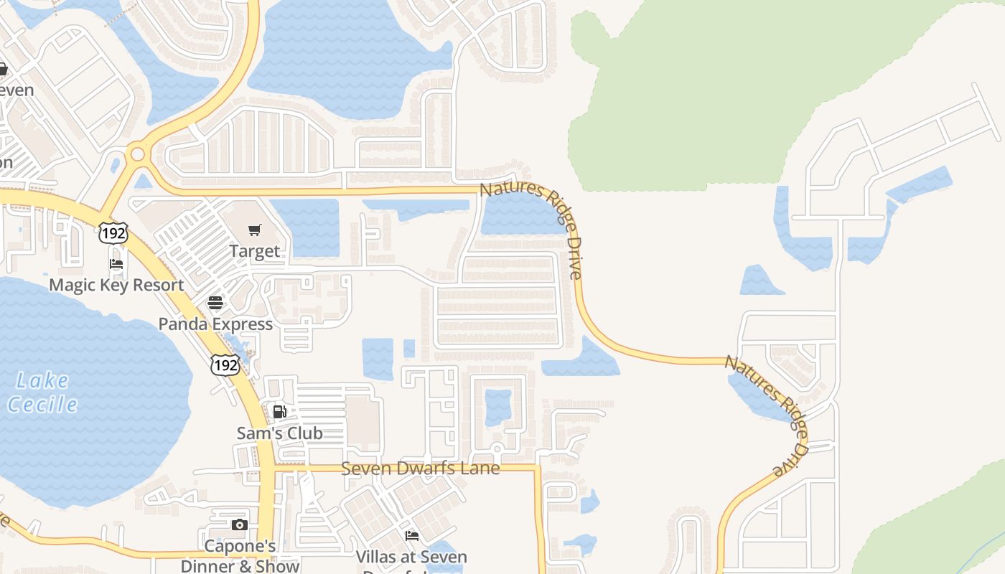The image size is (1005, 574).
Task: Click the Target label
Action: [x=254, y=251]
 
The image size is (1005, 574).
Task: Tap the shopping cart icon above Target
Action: [x=254, y=230]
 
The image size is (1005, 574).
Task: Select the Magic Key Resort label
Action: [x=116, y=285]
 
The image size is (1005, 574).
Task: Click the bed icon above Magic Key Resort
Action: [x=116, y=264]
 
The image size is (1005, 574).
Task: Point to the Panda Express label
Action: [x=215, y=324]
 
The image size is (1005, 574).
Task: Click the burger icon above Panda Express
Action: [x=215, y=303]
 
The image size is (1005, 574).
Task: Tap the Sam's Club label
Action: [x=279, y=433]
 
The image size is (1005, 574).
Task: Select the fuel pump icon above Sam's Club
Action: [x=279, y=412]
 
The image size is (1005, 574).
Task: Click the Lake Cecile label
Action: [x=43, y=392]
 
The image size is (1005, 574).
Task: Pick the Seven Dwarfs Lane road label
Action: [x=420, y=469]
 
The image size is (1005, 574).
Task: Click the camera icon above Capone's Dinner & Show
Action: [x=240, y=525]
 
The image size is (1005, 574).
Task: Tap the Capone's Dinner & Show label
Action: [x=240, y=556]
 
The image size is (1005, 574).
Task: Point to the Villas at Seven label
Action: [x=411, y=557]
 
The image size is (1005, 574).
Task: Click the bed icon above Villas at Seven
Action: [x=411, y=536]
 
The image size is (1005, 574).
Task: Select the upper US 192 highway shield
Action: [x=113, y=232]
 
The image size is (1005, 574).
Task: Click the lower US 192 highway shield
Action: [x=225, y=364]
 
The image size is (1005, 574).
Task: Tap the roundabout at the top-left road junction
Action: [x=137, y=154]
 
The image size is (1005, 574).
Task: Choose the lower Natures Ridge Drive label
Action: [x=767, y=415]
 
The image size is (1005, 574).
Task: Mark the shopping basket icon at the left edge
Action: [x=3, y=70]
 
